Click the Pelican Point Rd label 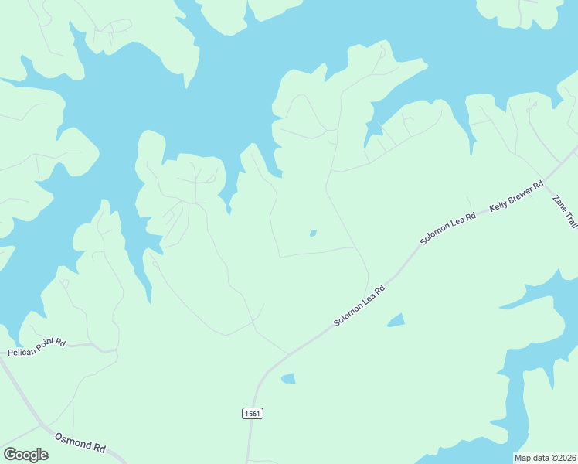click(37, 347)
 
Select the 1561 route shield click(252, 414)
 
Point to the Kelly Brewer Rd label click(516, 197)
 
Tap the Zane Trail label click(564, 209)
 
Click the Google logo click(25, 455)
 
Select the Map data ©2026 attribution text click(546, 458)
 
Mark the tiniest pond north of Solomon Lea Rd click(312, 233)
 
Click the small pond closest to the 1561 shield click(288, 378)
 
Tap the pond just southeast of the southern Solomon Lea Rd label click(396, 319)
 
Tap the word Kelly click(498, 206)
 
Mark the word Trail click(569, 218)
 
